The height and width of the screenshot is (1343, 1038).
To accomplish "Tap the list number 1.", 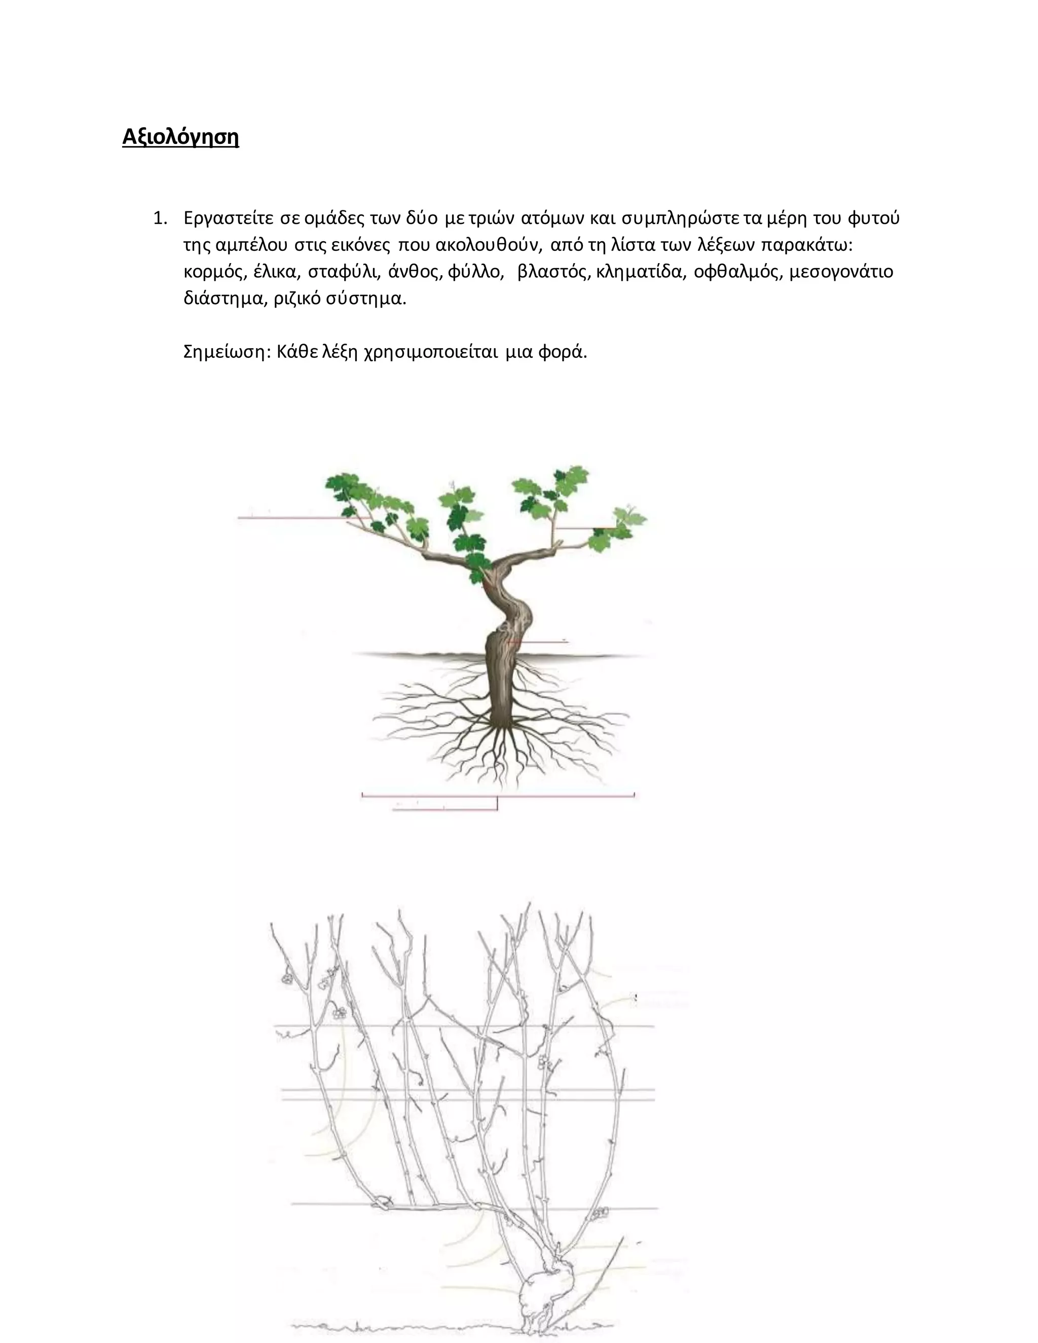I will [160, 218].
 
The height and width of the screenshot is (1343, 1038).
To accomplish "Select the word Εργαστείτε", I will [228, 218].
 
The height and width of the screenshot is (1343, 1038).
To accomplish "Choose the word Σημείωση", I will [227, 352].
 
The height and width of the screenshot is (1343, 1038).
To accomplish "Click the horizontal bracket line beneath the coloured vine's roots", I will [498, 796].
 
